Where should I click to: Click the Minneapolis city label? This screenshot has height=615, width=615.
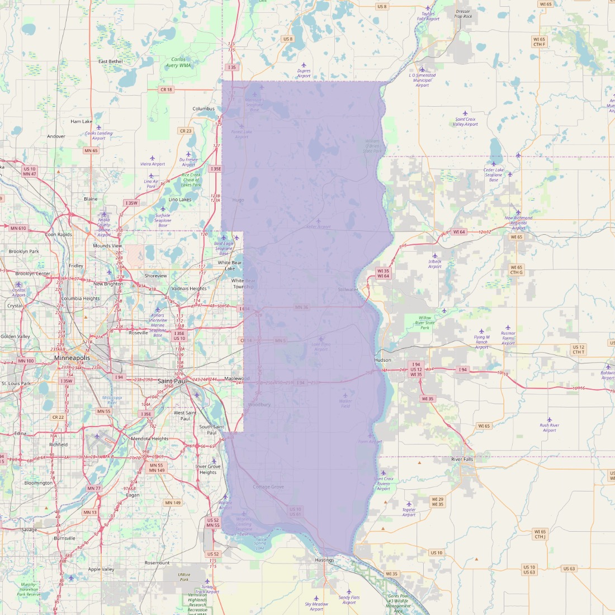[72, 357]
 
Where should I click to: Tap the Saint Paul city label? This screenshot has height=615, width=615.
[173, 381]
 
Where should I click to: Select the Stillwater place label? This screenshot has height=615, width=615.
[348, 290]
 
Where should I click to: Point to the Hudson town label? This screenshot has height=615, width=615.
[382, 360]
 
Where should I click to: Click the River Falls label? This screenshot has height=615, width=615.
[462, 460]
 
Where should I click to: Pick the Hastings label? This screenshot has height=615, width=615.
[324, 560]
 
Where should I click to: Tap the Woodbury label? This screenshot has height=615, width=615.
[259, 404]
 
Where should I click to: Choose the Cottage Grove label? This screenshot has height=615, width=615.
[268, 487]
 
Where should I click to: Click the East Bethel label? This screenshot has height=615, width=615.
[111, 61]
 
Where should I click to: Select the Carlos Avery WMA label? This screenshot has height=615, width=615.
[178, 63]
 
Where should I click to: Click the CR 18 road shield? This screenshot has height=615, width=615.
[166, 89]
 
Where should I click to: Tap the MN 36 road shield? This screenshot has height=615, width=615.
[301, 307]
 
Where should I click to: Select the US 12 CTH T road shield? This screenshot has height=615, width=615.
[578, 349]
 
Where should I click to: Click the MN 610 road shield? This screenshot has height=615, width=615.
[18, 228]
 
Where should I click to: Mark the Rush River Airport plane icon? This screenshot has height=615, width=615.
[550, 419]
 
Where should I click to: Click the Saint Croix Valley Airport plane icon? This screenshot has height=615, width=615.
[465, 113]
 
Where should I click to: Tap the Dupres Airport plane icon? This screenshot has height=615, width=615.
[304, 65]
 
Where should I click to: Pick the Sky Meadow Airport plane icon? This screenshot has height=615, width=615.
[316, 598]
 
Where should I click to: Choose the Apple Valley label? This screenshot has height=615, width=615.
[101, 569]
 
